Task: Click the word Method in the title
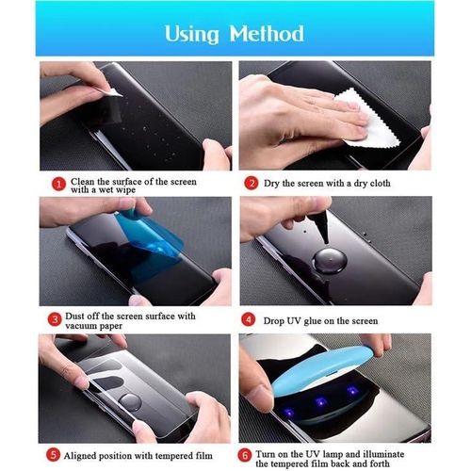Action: [x=266, y=34]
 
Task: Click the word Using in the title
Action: [x=192, y=34]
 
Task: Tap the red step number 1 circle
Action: [x=58, y=183]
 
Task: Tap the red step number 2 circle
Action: [x=252, y=183]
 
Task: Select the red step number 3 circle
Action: [x=58, y=318]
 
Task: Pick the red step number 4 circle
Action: [x=252, y=318]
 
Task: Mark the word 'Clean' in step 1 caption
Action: [x=84, y=179]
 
